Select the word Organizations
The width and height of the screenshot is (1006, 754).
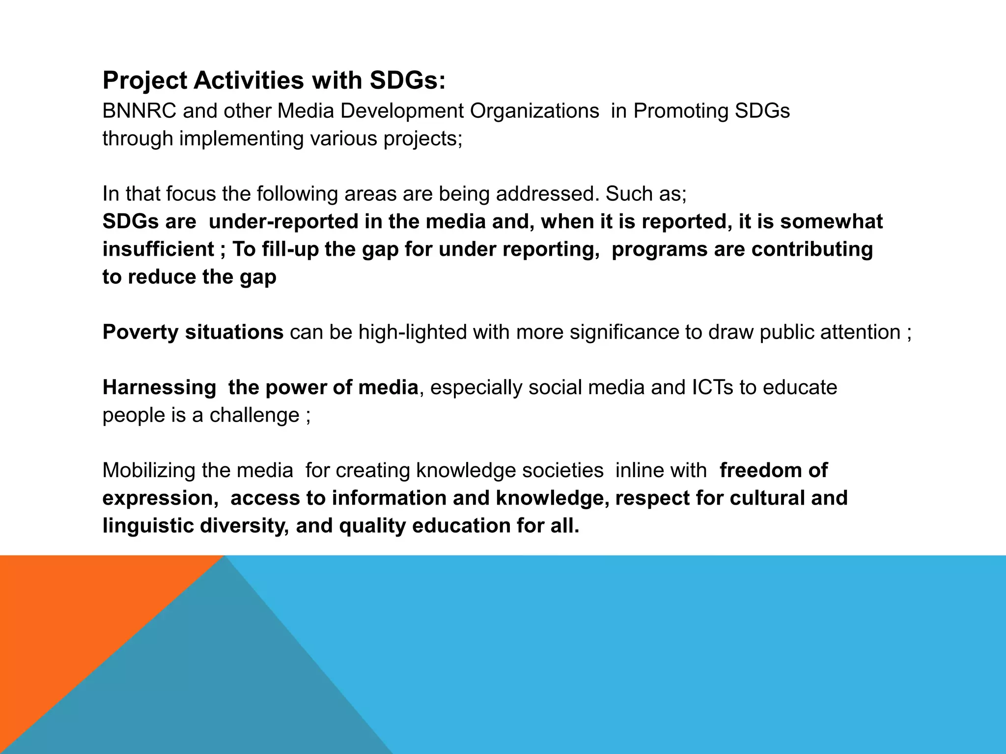pyautogui.click(x=534, y=111)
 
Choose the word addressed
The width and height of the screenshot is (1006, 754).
pyautogui.click(x=547, y=194)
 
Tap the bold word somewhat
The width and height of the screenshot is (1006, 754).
pyautogui.click(x=831, y=222)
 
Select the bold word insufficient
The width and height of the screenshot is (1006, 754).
pyautogui.click(x=158, y=249)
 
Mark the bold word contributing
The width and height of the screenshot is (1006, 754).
pyautogui.click(x=812, y=249)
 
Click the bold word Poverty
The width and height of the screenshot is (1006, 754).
pyautogui.click(x=140, y=332)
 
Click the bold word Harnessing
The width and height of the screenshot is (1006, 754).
pyautogui.click(x=159, y=388)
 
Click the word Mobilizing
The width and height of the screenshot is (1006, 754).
pyautogui.click(x=148, y=471)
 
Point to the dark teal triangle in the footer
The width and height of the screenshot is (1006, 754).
pyautogui.click(x=221, y=687)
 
